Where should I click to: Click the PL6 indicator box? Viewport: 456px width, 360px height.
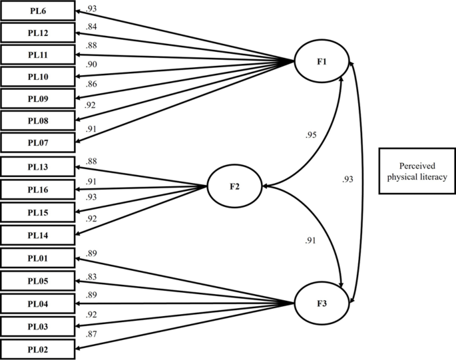[x=37, y=11]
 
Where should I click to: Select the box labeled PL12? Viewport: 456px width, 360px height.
[x=37, y=33]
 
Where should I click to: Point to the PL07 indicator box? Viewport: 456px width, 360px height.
[x=37, y=142]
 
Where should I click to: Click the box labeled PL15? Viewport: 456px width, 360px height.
[x=37, y=212]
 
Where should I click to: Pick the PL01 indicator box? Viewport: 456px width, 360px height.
[x=37, y=258]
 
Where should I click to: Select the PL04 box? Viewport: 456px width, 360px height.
[x=37, y=303]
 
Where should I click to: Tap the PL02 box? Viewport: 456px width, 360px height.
[x=37, y=349]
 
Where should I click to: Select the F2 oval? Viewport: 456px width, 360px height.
[x=235, y=186]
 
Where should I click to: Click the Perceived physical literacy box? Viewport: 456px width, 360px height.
[x=417, y=170]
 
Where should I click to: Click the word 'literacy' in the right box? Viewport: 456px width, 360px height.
[x=433, y=176]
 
